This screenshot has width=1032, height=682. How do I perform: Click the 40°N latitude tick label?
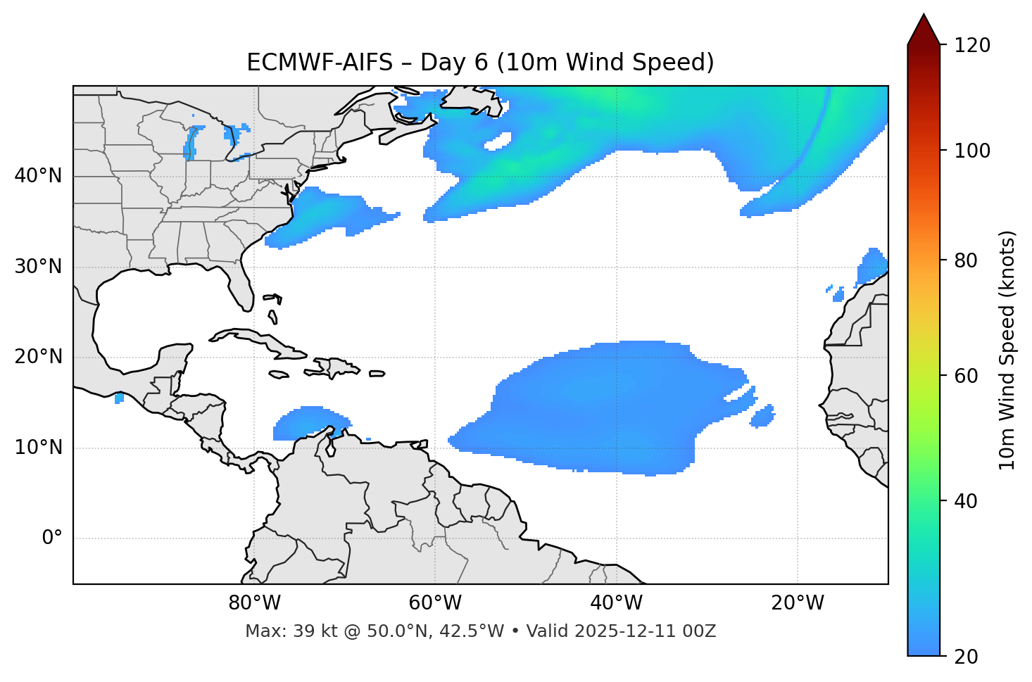point(38,176)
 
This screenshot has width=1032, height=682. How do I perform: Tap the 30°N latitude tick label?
point(38,267)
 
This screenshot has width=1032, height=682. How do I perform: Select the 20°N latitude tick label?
point(38,358)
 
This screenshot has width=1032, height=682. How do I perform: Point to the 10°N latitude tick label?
point(38,448)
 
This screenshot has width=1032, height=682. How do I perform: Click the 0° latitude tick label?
point(52,538)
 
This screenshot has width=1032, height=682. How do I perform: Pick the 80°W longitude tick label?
point(254,603)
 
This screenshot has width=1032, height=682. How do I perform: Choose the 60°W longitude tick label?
point(435,603)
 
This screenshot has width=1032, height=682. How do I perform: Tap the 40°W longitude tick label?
point(616,603)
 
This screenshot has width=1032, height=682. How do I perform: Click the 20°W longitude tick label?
point(798,603)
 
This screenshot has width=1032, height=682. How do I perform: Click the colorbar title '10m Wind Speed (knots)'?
point(1007,350)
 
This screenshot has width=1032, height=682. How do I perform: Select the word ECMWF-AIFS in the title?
point(320,63)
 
